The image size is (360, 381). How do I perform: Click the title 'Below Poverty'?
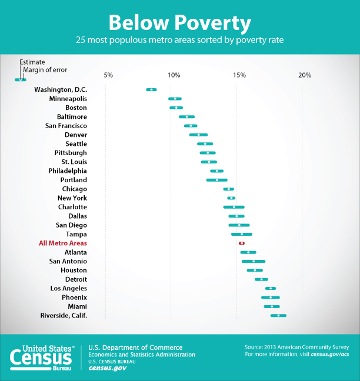tap(179, 23)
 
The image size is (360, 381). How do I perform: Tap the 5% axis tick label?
tap(108, 75)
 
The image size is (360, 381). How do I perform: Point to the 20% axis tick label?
tap(304, 75)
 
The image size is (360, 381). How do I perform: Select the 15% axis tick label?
tap(239, 75)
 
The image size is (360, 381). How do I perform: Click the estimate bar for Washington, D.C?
tap(151, 89)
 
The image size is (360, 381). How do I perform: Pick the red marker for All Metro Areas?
tap(241, 243)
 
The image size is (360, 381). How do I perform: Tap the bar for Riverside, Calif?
tap(278, 316)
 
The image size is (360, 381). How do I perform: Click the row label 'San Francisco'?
tap(66, 126)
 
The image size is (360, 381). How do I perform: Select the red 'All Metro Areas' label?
tap(63, 243)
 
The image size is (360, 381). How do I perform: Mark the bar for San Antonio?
tap(253, 261)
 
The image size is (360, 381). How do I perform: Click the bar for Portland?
tap(216, 180)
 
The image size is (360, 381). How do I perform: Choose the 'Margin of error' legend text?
tap(45, 69)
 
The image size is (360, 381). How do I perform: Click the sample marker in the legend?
tap(21, 79)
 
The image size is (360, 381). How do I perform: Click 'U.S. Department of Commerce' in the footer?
tap(135, 347)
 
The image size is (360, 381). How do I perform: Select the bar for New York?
tap(231, 198)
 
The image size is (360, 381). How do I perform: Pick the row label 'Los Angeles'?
tap(68, 288)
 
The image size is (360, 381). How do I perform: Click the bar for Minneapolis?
tap(175, 99)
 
